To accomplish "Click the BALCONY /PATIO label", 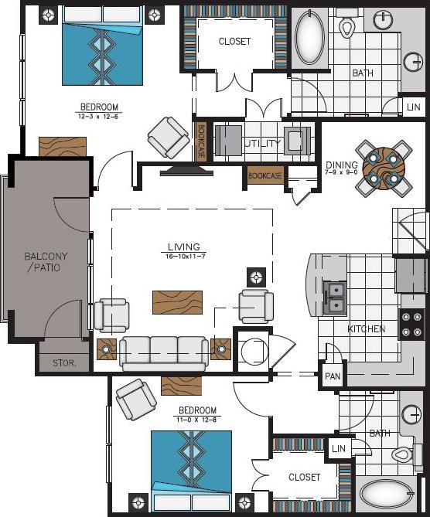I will tap(42, 262).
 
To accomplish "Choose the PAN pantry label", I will tap(333, 376).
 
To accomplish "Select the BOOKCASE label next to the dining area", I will tap(265, 176).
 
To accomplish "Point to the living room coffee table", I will tap(177, 301).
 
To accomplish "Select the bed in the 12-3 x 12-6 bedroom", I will tap(103, 46).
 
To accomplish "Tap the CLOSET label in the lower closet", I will tap(304, 478).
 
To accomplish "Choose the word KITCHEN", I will tap(366, 328).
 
